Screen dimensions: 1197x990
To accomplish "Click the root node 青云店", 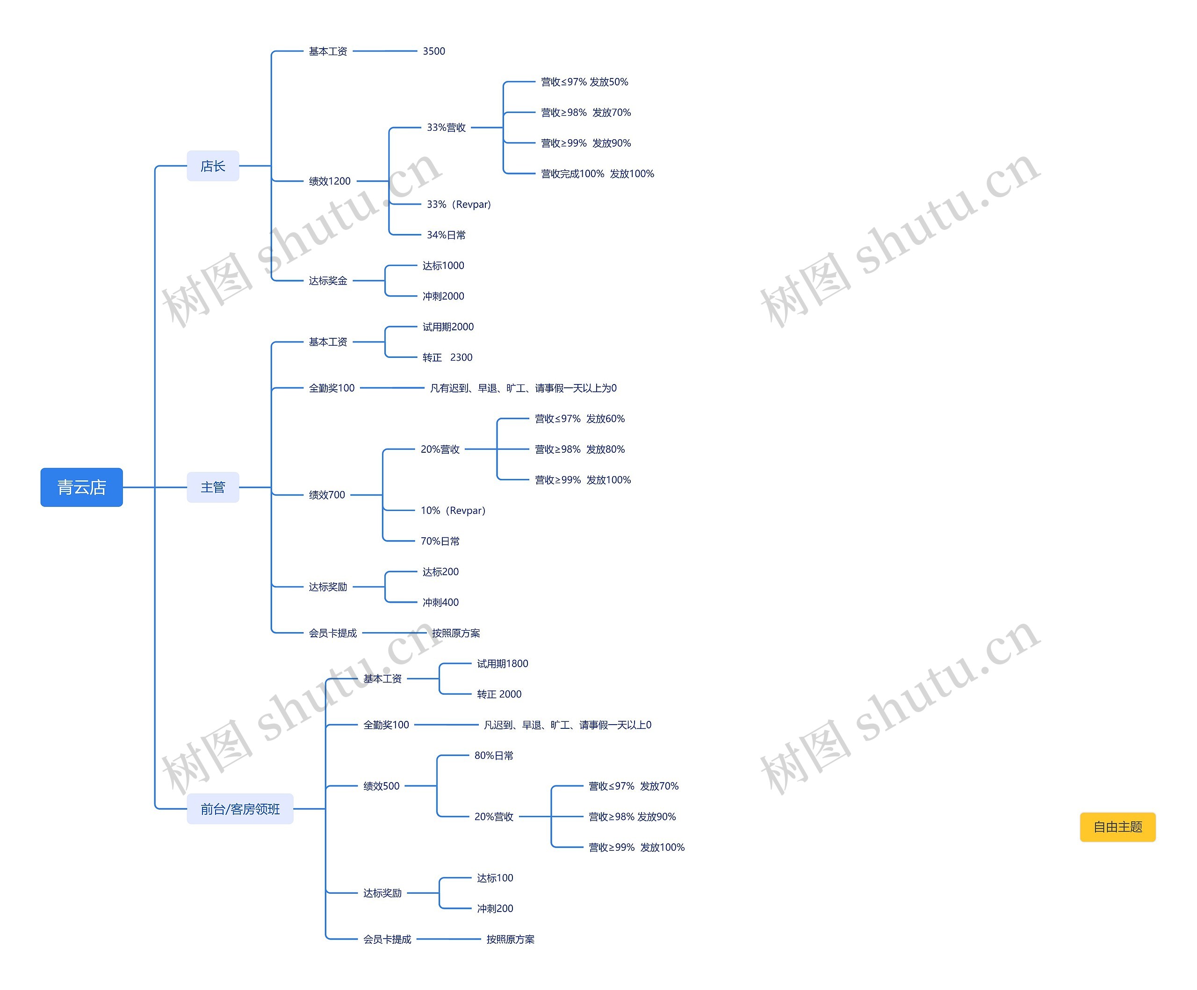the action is coord(81,487).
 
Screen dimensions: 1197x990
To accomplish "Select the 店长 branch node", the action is coord(213,166).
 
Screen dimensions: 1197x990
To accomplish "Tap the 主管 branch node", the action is coord(213,487).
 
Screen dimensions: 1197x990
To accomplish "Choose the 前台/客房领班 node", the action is coord(240,808).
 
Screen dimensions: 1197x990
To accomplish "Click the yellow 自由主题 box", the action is coord(1117,826).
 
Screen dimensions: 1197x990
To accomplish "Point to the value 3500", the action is coord(434,51).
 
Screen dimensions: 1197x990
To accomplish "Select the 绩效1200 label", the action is coord(330,181).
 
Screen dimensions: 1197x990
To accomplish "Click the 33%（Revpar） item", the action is coord(458,204).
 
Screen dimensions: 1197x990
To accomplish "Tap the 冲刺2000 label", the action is coord(443,296).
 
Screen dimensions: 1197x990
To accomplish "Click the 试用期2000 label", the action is coord(447,327).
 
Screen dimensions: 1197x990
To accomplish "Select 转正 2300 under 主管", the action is coord(447,357).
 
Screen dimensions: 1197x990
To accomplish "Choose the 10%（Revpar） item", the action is coord(453,510).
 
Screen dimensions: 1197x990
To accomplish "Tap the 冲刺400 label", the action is coord(440,602).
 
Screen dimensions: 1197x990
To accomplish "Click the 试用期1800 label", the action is coord(502,663).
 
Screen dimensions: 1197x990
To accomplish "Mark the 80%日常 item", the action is coord(494,755).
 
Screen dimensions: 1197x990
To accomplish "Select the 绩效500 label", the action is coord(382,786).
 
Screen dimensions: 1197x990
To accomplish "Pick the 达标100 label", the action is coord(495,878).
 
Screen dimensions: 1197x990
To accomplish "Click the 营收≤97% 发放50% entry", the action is coord(584,82).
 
